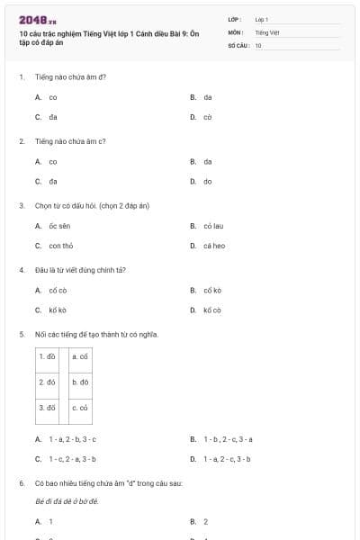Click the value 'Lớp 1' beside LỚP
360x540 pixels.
coord(262,19)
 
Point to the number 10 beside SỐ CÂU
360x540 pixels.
coord(258,44)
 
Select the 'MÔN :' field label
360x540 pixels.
coord(237,31)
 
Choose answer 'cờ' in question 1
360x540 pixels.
coord(207,117)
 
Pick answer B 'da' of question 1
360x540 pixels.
coord(207,96)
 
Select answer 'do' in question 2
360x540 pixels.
coord(207,182)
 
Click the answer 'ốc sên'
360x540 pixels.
coord(59,225)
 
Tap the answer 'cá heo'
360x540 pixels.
coord(213,246)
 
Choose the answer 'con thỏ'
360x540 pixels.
coord(61,246)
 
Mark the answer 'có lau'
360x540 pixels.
coord(213,225)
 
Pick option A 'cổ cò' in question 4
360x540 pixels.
coord(58,290)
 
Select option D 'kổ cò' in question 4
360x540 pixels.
coord(211,310)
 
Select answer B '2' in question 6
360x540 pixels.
coord(205,521)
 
